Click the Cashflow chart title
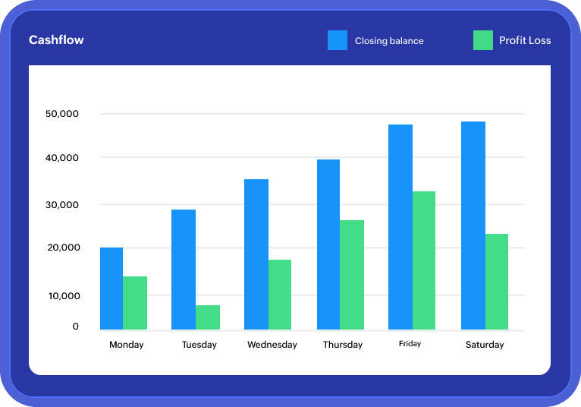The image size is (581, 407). tap(56, 40)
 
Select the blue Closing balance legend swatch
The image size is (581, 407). tap(338, 40)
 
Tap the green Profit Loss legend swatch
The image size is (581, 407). tap(483, 40)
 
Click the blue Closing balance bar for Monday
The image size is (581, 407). tap(111, 289)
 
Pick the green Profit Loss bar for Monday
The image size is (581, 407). tap(135, 303)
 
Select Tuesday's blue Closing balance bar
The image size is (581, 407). tap(184, 270)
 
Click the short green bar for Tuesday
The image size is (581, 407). tap(208, 317)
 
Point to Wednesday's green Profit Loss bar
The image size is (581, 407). tap(280, 295)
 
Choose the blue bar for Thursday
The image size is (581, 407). tap(328, 245)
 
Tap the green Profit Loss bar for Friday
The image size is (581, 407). tap(424, 260)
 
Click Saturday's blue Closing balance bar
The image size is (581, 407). tap(473, 226)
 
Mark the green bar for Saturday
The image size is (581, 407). tap(497, 282)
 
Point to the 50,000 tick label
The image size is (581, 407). tap(62, 114)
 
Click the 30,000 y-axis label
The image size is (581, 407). tap(62, 205)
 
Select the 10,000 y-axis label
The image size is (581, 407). tap(64, 295)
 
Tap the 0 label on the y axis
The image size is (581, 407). tap(75, 327)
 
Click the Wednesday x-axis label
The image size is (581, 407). tap(272, 345)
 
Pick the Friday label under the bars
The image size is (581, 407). tap(410, 344)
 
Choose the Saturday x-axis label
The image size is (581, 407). tap(485, 345)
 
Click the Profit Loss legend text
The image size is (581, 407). tap(525, 40)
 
